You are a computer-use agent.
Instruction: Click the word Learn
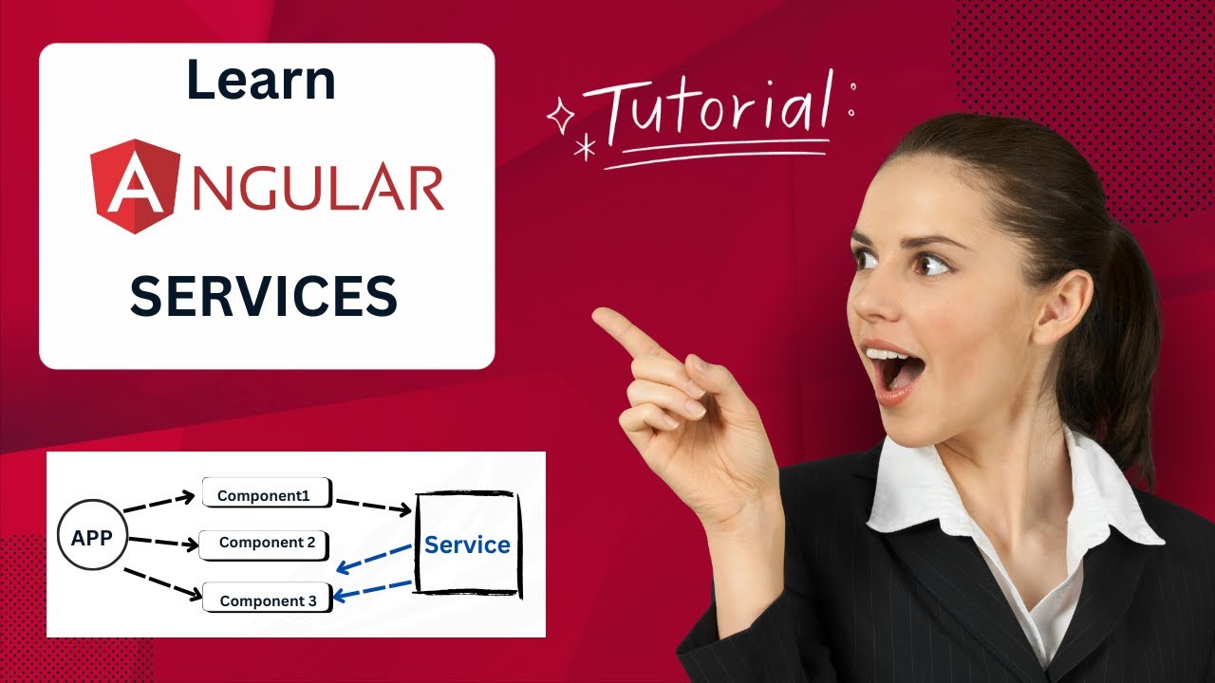261,81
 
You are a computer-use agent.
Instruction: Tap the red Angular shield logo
134,186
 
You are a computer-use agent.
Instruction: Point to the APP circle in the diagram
92,538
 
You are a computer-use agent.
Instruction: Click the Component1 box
266,494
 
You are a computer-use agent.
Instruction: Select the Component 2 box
267,543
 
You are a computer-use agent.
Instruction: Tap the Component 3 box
268,600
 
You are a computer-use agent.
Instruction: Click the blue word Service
467,545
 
